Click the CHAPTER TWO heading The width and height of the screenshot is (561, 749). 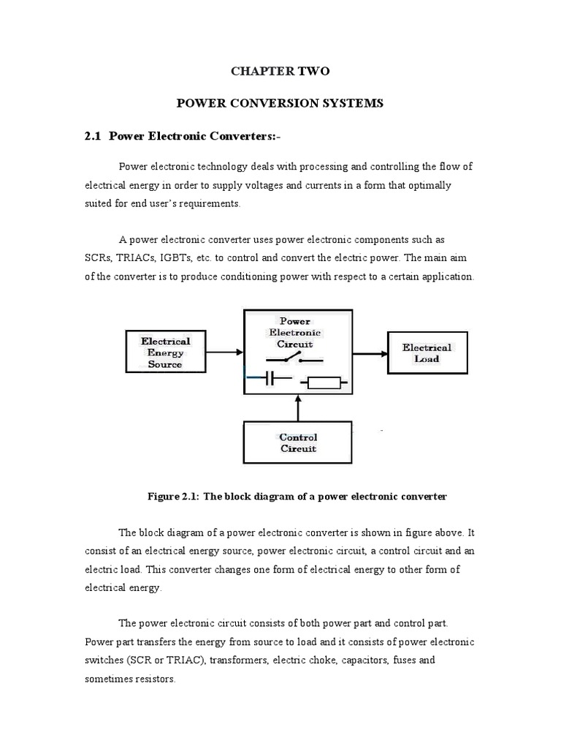(280, 71)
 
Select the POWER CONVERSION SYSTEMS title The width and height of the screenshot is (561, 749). (280, 103)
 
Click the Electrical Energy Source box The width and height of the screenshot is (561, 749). (166, 352)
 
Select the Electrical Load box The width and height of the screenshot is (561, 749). (427, 353)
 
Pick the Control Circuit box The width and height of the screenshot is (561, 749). (299, 443)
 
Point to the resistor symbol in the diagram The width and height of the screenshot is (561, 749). (324, 381)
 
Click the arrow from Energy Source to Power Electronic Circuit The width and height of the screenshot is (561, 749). (226, 353)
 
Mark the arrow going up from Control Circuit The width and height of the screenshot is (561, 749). (299, 406)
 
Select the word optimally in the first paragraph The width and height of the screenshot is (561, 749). (424, 185)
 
